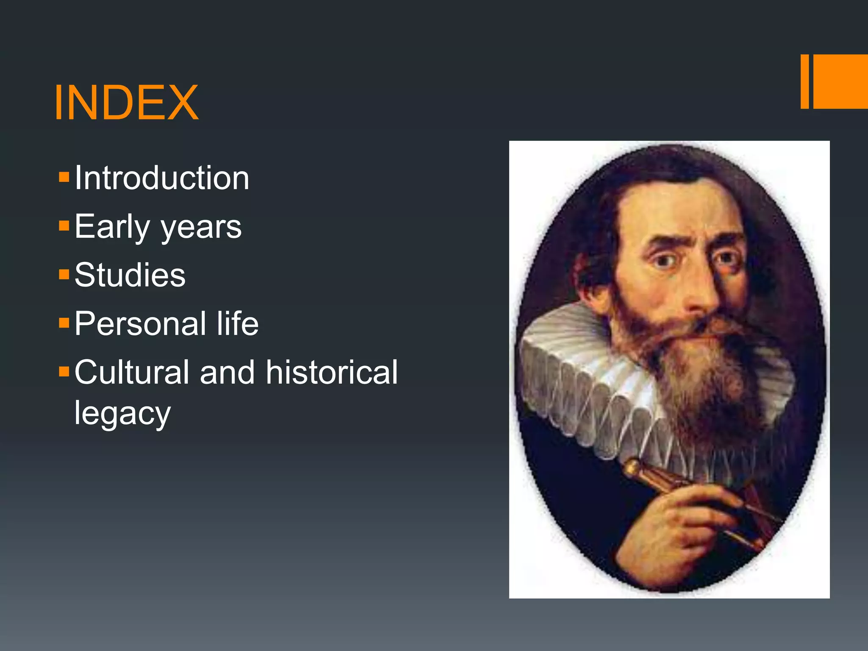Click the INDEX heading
click(x=126, y=103)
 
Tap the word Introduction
click(x=162, y=178)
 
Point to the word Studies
click(x=130, y=275)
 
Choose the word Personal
click(x=140, y=324)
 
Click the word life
click(x=237, y=324)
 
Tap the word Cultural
click(x=131, y=373)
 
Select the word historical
click(x=332, y=373)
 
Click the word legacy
click(x=122, y=414)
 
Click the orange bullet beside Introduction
click(x=64, y=177)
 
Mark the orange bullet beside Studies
click(x=64, y=274)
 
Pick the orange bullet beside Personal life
click(x=64, y=323)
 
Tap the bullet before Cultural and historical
click(x=64, y=372)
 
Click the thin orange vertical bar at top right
click(x=804, y=81)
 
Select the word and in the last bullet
click(x=227, y=373)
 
